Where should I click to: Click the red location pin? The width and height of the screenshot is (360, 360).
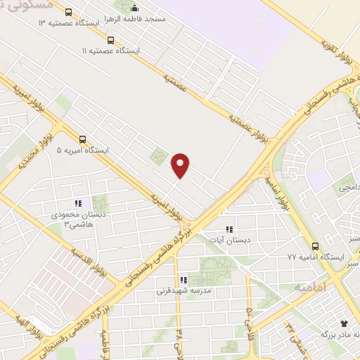(x=181, y=165)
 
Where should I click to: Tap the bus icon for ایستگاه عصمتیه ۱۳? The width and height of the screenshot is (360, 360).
(x=68, y=12)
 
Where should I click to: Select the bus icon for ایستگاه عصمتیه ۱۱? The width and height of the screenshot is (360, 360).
(x=110, y=39)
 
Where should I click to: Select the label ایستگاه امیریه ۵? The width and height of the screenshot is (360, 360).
(x=84, y=150)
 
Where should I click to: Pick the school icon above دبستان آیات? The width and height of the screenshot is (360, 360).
(x=229, y=229)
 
